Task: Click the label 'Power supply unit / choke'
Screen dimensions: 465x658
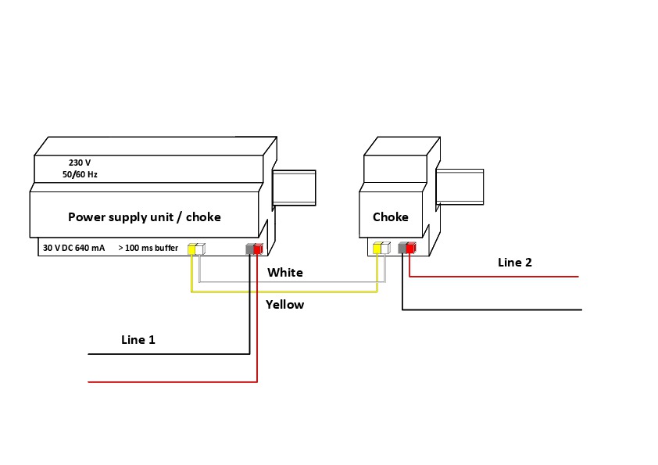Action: (x=144, y=217)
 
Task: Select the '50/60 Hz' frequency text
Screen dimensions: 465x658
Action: (x=80, y=174)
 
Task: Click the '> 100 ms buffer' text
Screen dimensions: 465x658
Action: (x=148, y=248)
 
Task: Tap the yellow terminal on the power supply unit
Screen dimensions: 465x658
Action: (x=191, y=249)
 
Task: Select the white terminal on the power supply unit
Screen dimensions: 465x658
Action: (x=200, y=249)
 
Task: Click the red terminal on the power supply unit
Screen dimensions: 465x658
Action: (x=259, y=249)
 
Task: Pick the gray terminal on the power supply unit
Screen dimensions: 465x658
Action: (x=250, y=249)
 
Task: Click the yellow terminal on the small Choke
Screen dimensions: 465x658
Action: (x=377, y=249)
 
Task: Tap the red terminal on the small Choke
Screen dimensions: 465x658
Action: (x=411, y=249)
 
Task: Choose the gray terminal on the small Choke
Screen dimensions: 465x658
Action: (x=402, y=249)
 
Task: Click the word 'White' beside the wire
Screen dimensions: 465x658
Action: (x=284, y=273)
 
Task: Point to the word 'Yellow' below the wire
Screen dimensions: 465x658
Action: (x=284, y=305)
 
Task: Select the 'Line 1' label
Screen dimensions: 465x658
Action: (x=138, y=340)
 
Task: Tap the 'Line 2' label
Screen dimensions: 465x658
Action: (x=514, y=263)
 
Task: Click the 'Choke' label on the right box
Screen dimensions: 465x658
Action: (x=390, y=217)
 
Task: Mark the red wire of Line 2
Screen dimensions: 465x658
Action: (x=500, y=277)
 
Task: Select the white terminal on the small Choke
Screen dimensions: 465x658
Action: (x=384, y=249)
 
